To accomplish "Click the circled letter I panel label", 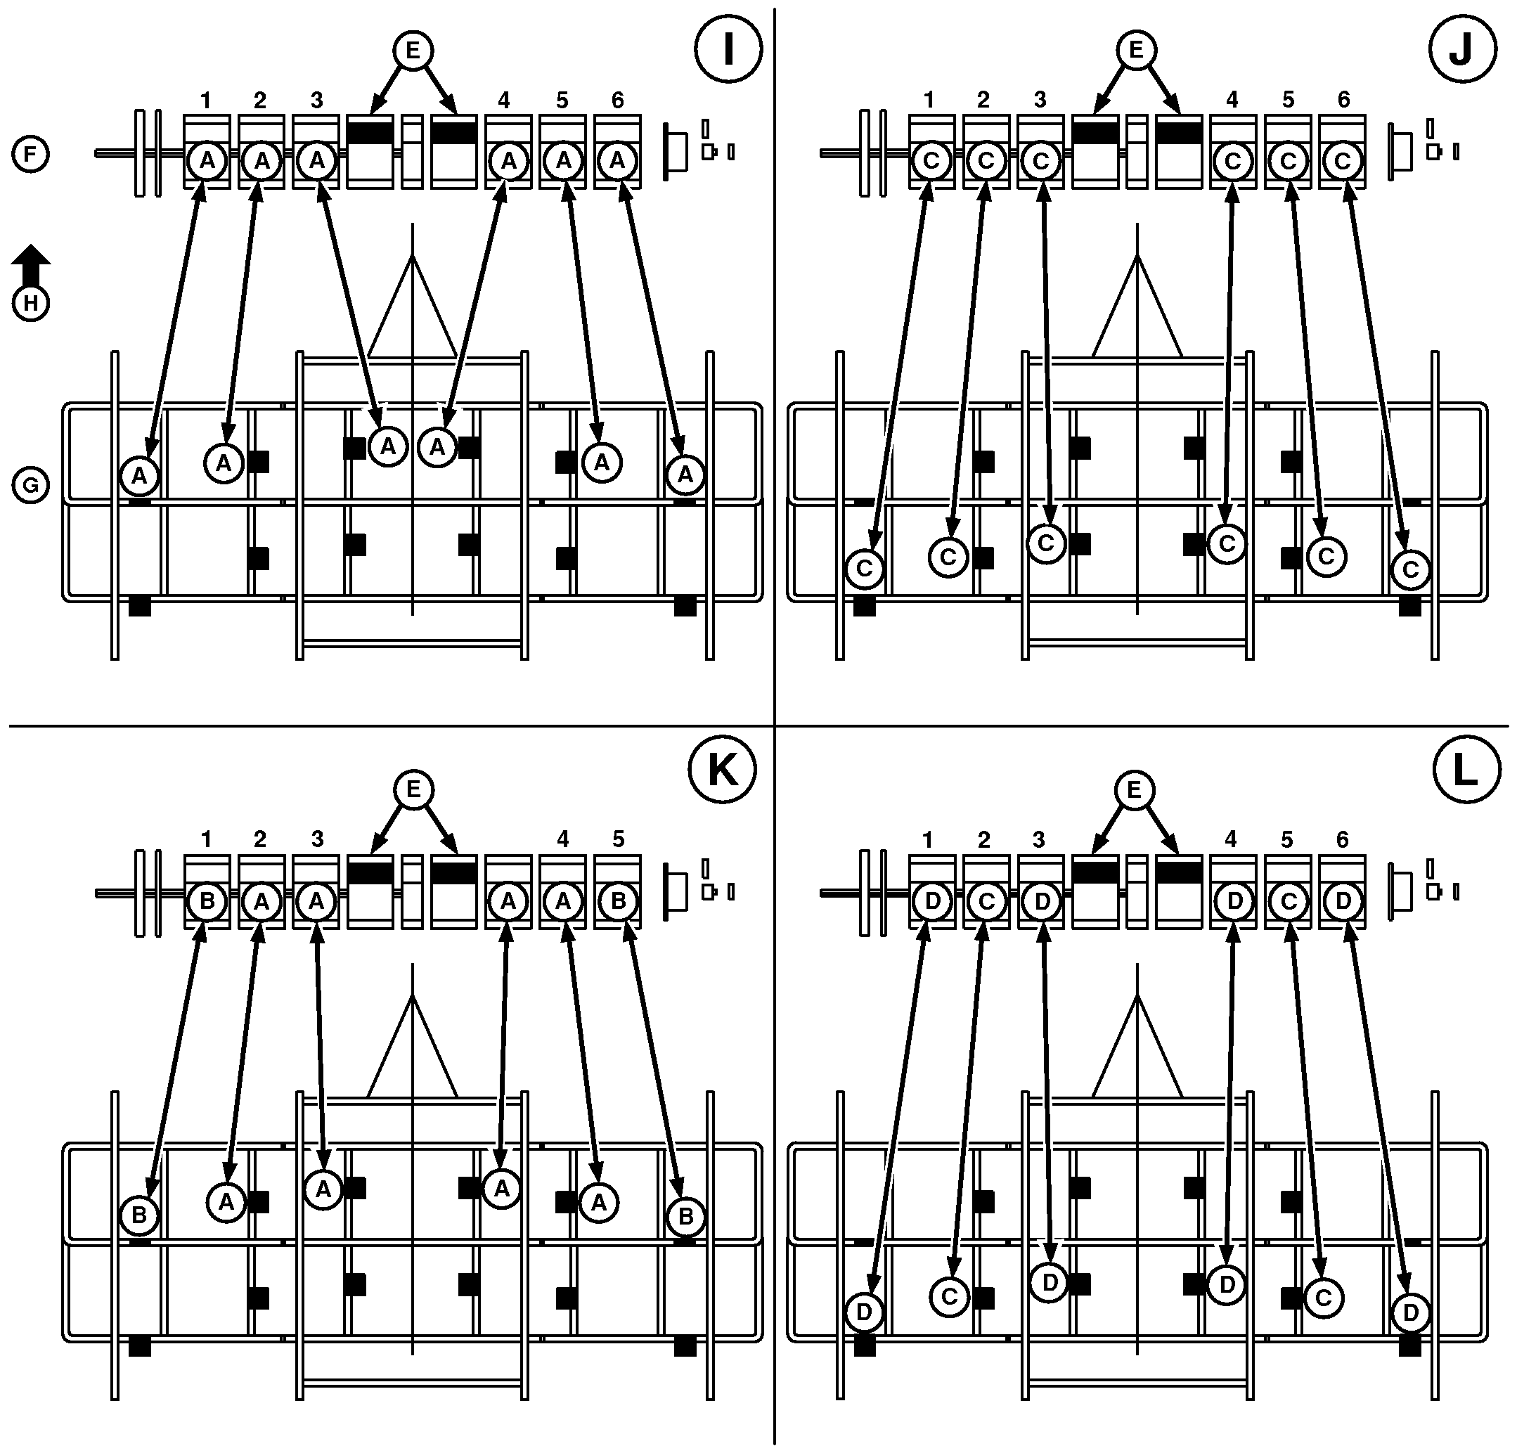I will tap(728, 49).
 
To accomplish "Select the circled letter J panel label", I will tap(1461, 49).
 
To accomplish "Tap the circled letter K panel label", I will tap(722, 770).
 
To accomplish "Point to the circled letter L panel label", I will tap(1465, 770).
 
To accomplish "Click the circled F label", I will tap(30, 153).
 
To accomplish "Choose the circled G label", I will tap(30, 485).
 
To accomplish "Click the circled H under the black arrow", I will tap(31, 302).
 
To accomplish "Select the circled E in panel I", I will tap(413, 51).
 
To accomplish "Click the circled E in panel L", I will tap(1135, 790).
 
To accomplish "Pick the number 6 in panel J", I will tap(1343, 100).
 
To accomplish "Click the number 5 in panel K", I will tap(618, 840).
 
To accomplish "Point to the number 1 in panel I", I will tap(205, 100).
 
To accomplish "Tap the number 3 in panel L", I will tap(1040, 840).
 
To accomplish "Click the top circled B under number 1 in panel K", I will tap(207, 901).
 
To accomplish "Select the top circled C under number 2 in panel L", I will tap(986, 901).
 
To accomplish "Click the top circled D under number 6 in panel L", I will tap(1343, 901).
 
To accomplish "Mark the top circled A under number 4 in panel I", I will tap(508, 161).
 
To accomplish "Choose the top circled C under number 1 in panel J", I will tap(931, 161).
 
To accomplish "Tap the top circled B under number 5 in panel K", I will tap(618, 901).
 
